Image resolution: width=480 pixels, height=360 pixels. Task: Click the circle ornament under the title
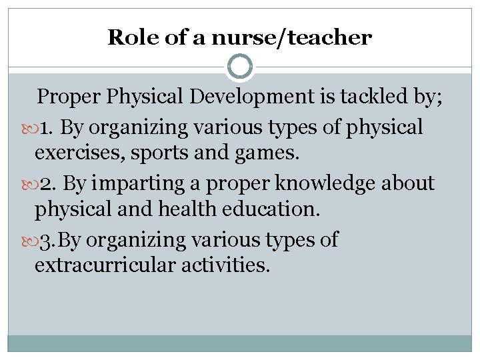(x=240, y=67)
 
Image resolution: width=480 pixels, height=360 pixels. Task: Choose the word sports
(x=155, y=154)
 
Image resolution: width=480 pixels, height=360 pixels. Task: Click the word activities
(x=227, y=266)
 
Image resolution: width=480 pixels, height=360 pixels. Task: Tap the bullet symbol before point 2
(x=27, y=183)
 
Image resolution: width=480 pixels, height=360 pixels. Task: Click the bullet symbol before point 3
(x=27, y=239)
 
